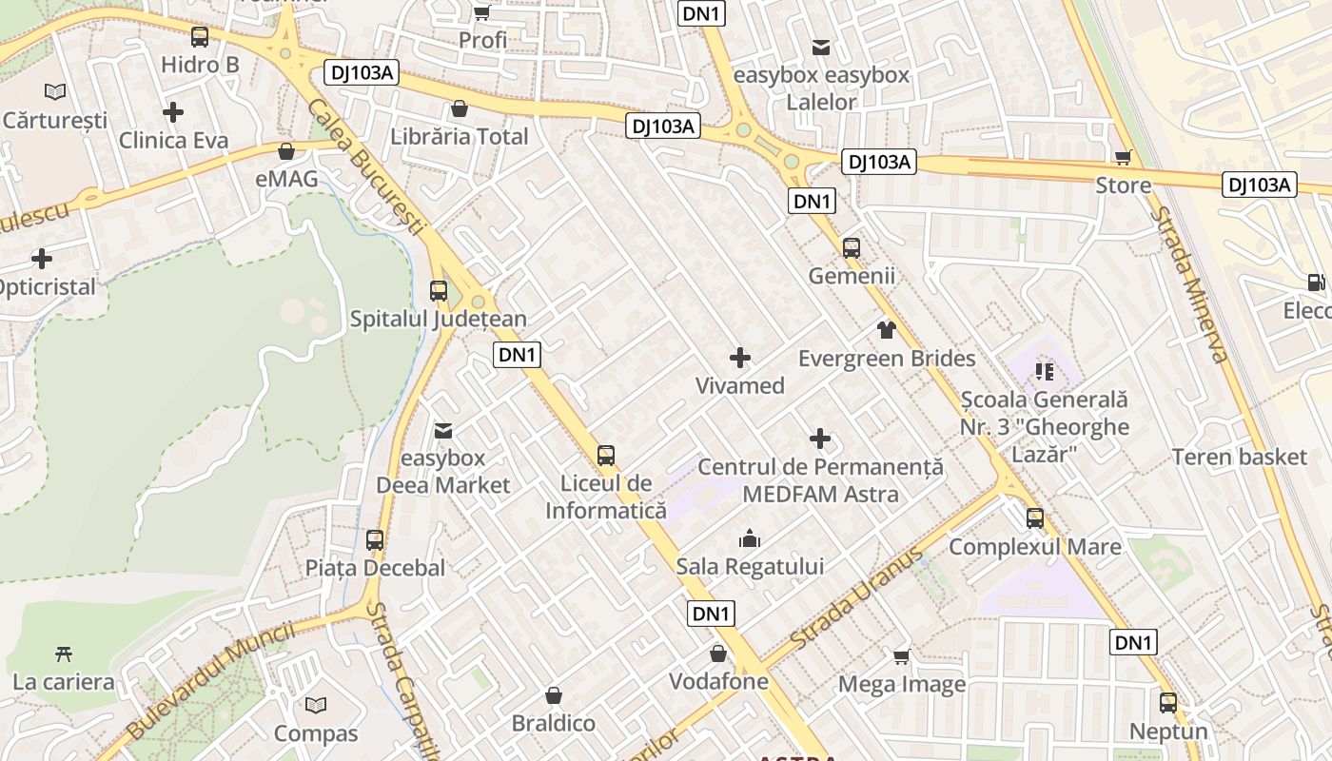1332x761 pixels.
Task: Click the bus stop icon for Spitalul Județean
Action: (439, 291)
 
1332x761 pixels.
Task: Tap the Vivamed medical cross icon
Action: (740, 359)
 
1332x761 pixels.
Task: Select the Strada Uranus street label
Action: (857, 600)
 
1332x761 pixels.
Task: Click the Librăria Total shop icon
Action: (460, 108)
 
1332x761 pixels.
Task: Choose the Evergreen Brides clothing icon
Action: (887, 330)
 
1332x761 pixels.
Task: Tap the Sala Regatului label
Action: (750, 566)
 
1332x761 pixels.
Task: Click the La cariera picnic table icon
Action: (64, 654)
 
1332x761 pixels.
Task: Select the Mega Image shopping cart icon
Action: (902, 656)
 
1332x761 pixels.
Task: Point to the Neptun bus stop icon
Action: (1168, 703)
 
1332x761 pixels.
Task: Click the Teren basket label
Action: (1239, 457)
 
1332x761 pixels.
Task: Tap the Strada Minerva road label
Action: (1188, 284)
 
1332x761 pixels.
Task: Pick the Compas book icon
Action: (316, 705)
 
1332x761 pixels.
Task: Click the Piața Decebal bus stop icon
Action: (375, 540)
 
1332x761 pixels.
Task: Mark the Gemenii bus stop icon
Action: (852, 248)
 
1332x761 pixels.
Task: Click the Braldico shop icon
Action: (554, 695)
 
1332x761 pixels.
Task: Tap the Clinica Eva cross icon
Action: (173, 112)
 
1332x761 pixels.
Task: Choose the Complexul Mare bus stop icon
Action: (1035, 518)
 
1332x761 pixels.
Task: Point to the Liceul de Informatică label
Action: (606, 497)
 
